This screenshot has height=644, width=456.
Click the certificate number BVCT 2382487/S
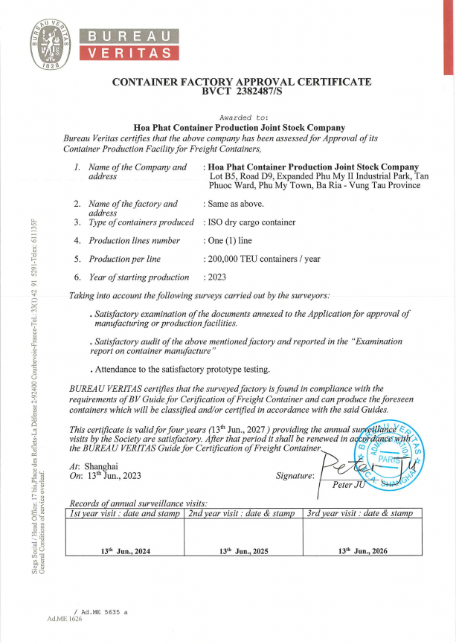(240, 93)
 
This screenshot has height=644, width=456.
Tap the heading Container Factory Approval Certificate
(240, 82)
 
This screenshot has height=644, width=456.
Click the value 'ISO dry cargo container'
(251, 222)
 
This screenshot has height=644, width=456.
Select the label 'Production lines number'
(135, 241)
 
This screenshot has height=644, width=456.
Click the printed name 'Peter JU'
(350, 486)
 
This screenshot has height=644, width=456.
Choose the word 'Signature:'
(295, 474)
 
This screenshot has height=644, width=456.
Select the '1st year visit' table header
(125, 514)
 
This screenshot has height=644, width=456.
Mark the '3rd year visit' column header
(359, 514)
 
